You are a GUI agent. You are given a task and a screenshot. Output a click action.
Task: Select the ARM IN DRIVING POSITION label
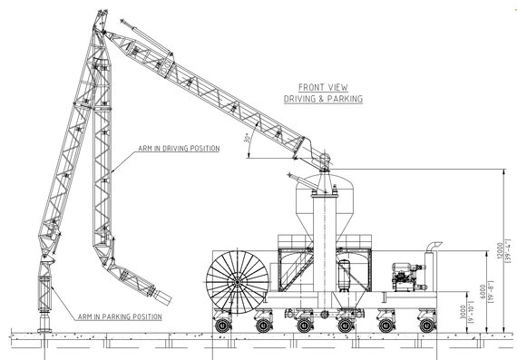click(179, 148)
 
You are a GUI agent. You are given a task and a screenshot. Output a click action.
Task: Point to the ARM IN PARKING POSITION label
click(121, 317)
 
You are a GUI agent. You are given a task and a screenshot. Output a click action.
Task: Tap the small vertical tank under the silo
click(344, 273)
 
